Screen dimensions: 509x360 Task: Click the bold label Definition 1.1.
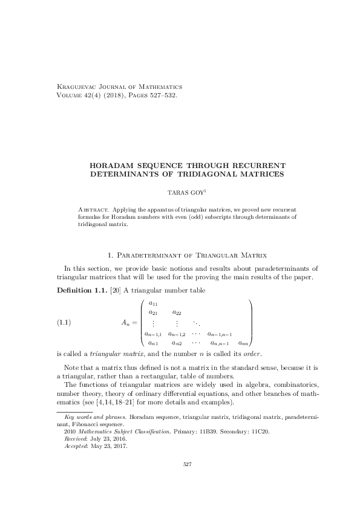77,291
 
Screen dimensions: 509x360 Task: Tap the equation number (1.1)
65,322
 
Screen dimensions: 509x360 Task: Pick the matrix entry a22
177,313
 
